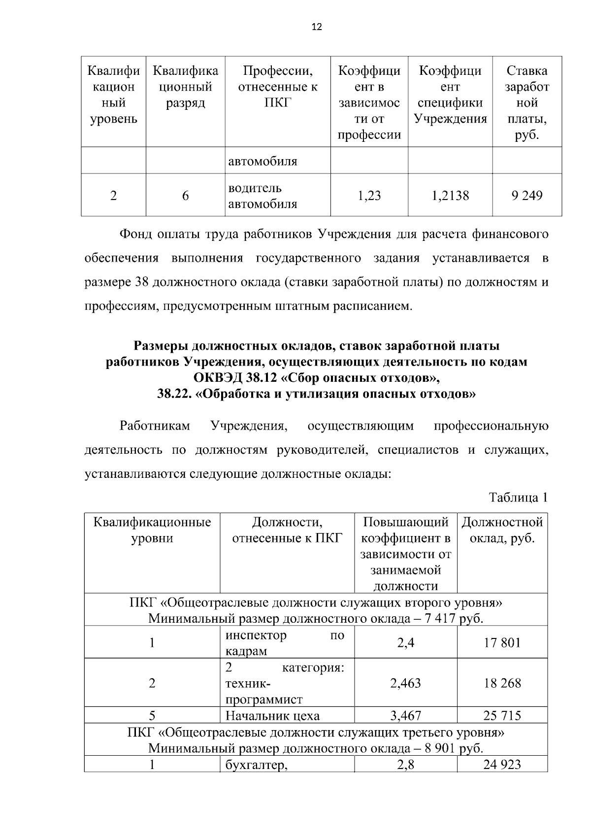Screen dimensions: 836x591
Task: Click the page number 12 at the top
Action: click(x=317, y=28)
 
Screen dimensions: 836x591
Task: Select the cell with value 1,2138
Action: click(x=450, y=196)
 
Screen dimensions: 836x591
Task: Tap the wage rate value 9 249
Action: click(x=526, y=196)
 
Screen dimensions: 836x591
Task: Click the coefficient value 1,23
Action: click(x=369, y=196)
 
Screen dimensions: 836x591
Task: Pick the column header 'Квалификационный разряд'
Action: click(x=185, y=87)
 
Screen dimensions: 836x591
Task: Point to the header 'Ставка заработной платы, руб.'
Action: click(x=526, y=102)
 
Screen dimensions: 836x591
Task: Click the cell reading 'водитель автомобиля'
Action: click(x=263, y=196)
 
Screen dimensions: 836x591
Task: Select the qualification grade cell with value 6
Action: click(x=185, y=196)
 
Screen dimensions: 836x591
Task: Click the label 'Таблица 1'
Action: click(x=518, y=498)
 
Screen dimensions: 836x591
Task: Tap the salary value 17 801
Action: click(x=502, y=642)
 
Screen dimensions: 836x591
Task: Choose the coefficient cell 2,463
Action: click(x=405, y=683)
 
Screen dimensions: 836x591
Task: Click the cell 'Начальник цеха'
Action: click(x=272, y=715)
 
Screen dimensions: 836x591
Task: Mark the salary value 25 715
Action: click(x=502, y=715)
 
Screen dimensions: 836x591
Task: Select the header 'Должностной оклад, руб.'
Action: click(x=502, y=530)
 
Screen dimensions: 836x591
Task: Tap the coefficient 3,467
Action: click(x=405, y=715)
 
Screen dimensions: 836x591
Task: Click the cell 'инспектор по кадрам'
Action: click(x=285, y=642)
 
